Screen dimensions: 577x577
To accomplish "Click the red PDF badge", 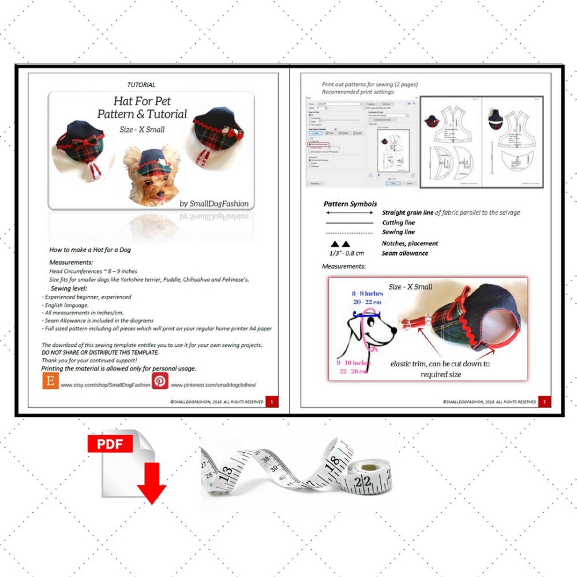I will click(110, 444).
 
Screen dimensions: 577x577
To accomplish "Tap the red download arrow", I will click(152, 484).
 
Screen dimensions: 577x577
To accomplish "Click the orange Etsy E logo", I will click(51, 381).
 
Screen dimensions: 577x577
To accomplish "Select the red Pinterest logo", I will click(160, 381).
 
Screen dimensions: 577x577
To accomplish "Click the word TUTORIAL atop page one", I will click(141, 85).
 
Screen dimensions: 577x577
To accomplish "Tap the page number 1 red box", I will click(272, 402).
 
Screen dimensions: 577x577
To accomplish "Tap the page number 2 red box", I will click(544, 402).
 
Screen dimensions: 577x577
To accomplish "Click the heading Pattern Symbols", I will click(350, 204).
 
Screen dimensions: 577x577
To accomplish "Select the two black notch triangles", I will click(340, 244).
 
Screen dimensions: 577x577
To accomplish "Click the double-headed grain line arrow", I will click(349, 213).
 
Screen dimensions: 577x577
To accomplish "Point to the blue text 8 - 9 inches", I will click(367, 294).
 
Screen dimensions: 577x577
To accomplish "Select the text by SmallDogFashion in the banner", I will click(214, 204).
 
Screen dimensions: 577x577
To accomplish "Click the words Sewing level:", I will click(69, 288).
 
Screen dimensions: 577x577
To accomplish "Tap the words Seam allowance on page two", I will click(404, 253).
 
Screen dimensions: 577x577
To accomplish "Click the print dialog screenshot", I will click(362, 142).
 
